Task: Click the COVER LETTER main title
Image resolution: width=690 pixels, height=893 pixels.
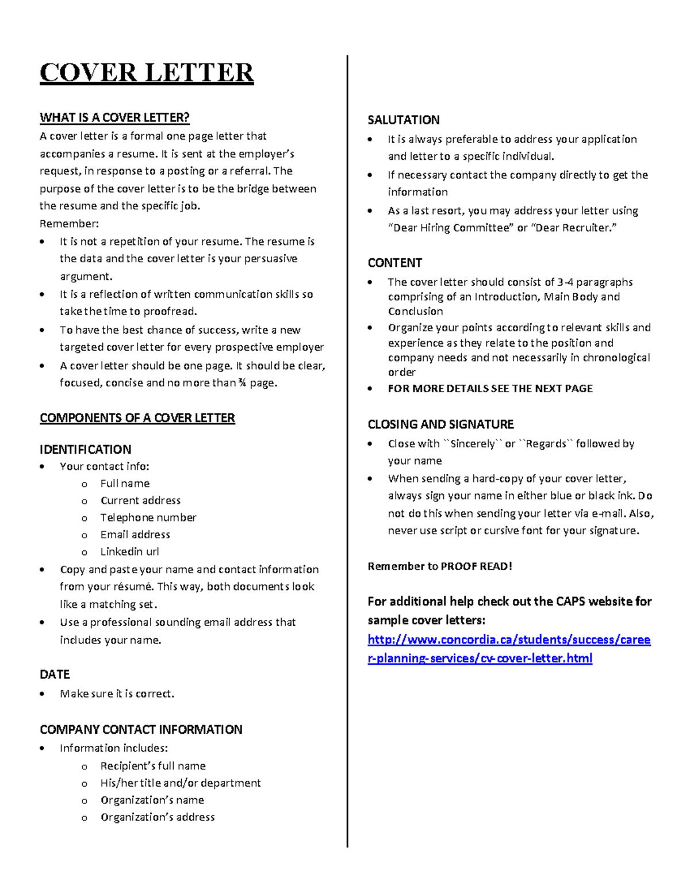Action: [147, 73]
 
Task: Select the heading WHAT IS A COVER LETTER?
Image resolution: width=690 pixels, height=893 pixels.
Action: [114, 118]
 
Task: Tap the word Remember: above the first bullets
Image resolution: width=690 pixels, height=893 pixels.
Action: [69, 224]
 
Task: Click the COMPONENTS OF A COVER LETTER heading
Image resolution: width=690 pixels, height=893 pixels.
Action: [137, 418]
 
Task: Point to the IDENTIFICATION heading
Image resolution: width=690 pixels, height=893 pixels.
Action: [85, 450]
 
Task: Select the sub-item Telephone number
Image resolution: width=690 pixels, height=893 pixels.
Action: [148, 518]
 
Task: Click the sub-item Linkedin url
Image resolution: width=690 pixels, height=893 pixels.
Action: [129, 551]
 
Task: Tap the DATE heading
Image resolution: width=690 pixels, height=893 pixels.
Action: [55, 674]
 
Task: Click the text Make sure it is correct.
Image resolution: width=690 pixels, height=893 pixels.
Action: [117, 693]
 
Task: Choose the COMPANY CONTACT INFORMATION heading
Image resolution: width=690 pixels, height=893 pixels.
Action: [141, 730]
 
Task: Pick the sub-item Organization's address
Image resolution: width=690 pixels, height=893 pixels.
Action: [158, 817]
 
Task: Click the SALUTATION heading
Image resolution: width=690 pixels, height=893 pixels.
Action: [404, 120]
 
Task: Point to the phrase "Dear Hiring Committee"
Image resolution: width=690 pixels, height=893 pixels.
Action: [450, 228]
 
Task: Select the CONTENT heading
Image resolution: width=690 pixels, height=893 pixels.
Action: [395, 263]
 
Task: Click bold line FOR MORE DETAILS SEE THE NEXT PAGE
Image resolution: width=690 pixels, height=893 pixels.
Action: [490, 389]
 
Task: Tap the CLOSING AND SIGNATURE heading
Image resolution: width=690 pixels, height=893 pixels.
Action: [440, 424]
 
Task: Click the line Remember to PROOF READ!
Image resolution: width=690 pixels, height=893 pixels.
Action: [440, 566]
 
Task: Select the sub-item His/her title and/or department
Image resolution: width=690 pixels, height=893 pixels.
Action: [181, 783]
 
